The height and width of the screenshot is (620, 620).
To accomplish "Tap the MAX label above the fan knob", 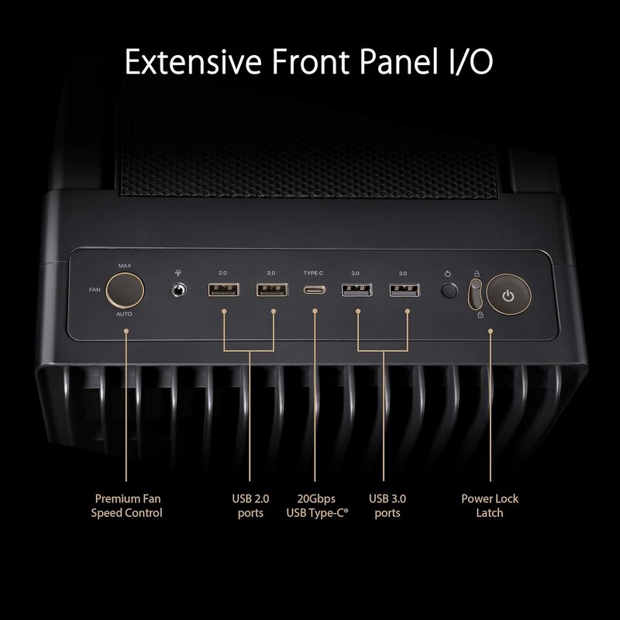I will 124,266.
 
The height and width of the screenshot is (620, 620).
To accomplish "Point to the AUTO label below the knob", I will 124,315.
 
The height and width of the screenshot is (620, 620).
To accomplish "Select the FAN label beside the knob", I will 95,290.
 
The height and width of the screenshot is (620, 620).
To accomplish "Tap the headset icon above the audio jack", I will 180,273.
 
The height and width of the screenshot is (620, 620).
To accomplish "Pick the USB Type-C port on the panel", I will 315,291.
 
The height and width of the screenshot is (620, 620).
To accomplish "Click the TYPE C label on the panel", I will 314,274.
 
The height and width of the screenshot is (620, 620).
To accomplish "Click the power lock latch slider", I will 476,294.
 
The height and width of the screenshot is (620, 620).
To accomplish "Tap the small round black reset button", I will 449,291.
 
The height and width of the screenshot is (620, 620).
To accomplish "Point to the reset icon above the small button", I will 449,274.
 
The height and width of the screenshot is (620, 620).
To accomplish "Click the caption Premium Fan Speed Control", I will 127,505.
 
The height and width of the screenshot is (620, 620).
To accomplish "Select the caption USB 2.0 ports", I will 250,505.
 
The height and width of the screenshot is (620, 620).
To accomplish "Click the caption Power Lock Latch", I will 490,505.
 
